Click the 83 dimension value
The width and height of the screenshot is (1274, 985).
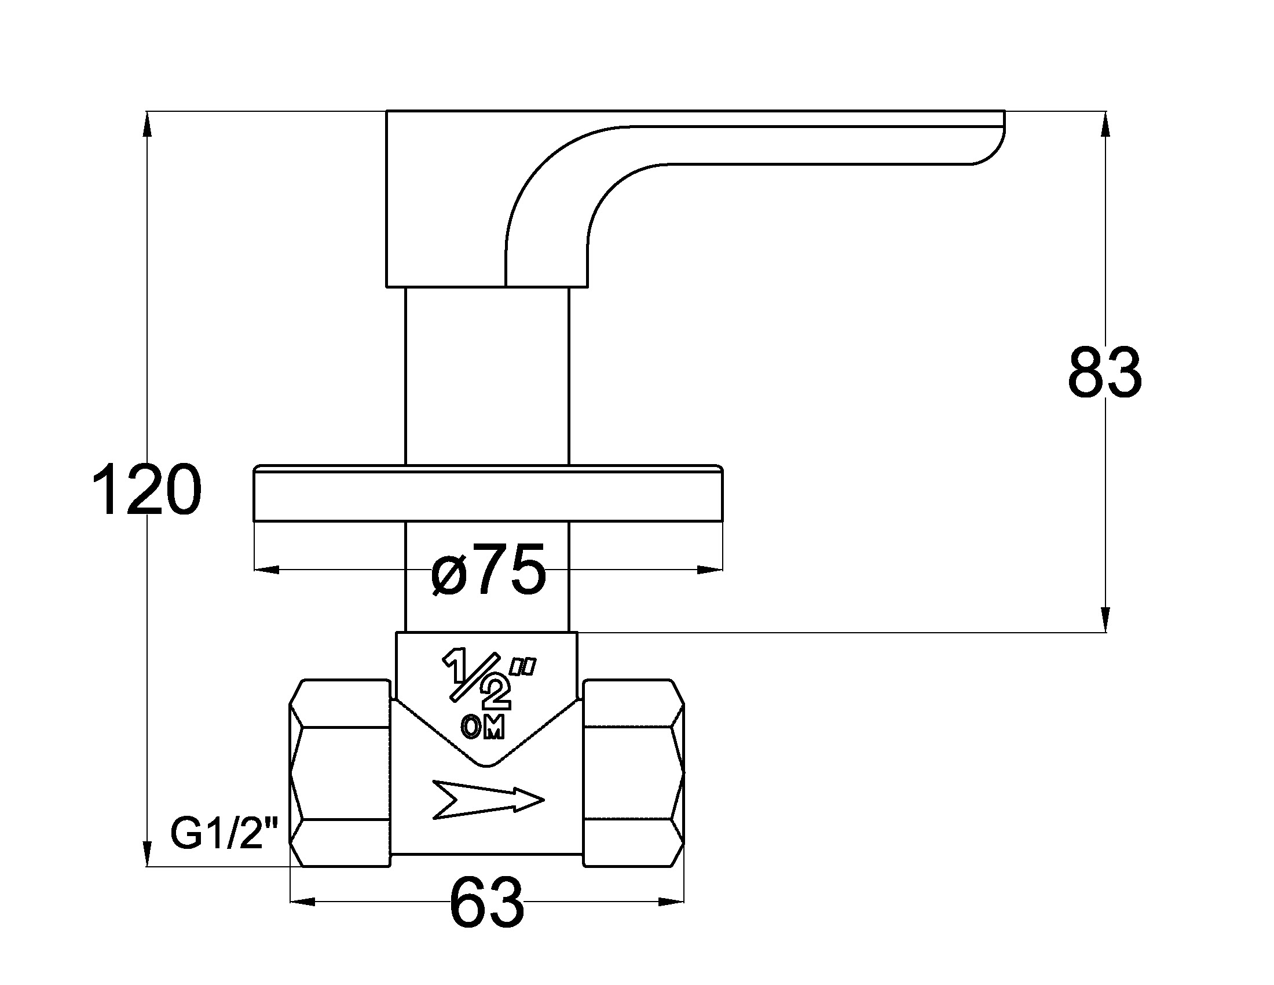point(1104,374)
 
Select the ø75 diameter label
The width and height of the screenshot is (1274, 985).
point(488,569)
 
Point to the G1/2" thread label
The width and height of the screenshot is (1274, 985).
point(225,834)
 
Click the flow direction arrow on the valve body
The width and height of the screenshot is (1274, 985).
point(488,799)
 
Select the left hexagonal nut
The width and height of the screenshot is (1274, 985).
point(340,772)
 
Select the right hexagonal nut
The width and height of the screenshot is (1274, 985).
point(634,772)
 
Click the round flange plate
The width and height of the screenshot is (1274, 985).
point(488,493)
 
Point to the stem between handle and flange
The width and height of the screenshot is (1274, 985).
point(486,374)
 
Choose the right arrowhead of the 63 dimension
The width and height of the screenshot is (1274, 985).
point(671,902)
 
